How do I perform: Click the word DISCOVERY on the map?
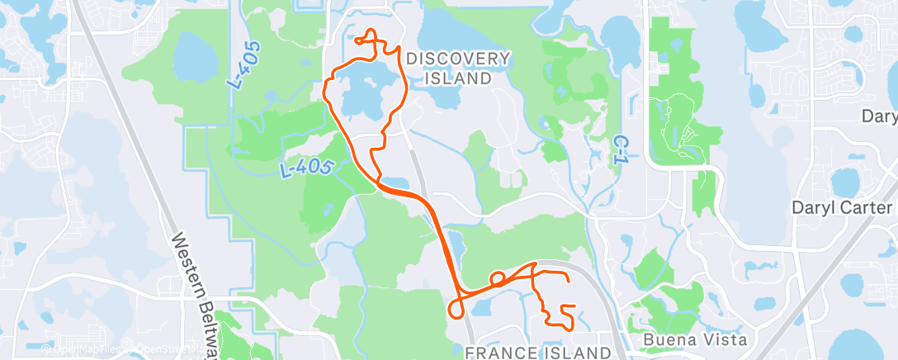point(458,58)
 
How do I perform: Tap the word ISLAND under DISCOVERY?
point(458,78)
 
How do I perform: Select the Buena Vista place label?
point(684,339)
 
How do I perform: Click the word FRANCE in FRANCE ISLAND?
point(503,353)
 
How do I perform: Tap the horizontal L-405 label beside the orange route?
point(305,168)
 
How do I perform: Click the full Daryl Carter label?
point(843,207)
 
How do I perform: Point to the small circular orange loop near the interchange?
point(498,278)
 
